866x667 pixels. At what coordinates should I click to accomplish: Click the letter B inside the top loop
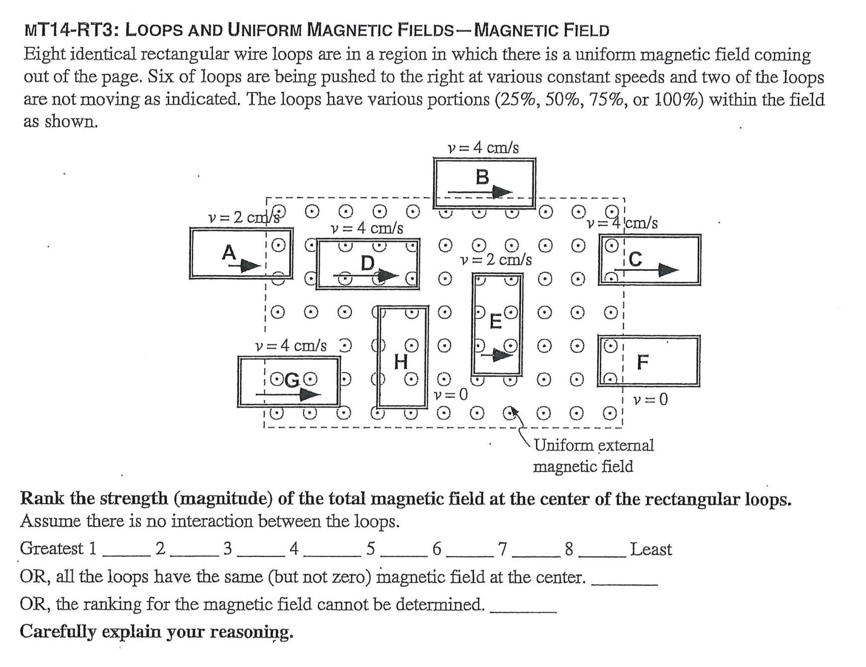click(x=482, y=177)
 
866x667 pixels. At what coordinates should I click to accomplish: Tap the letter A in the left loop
click(x=228, y=252)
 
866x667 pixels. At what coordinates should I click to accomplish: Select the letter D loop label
click(x=367, y=263)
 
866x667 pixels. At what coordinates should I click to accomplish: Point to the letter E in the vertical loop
click(x=495, y=322)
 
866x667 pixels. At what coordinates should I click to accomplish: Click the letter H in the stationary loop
click(x=401, y=362)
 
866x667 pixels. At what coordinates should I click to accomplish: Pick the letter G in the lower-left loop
click(x=292, y=381)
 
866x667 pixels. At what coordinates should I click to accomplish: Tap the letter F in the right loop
click(x=643, y=362)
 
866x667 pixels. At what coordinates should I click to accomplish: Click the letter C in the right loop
click(x=636, y=259)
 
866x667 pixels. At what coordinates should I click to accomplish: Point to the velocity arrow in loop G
click(x=288, y=395)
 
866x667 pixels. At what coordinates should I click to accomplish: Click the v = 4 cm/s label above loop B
click(x=483, y=148)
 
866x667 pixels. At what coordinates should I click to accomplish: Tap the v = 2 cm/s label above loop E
click(x=496, y=260)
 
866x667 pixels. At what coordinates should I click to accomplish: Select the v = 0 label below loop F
click(x=650, y=399)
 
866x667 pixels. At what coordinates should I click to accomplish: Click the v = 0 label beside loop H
click(x=450, y=395)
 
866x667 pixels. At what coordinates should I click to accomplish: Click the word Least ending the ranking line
click(x=650, y=550)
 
